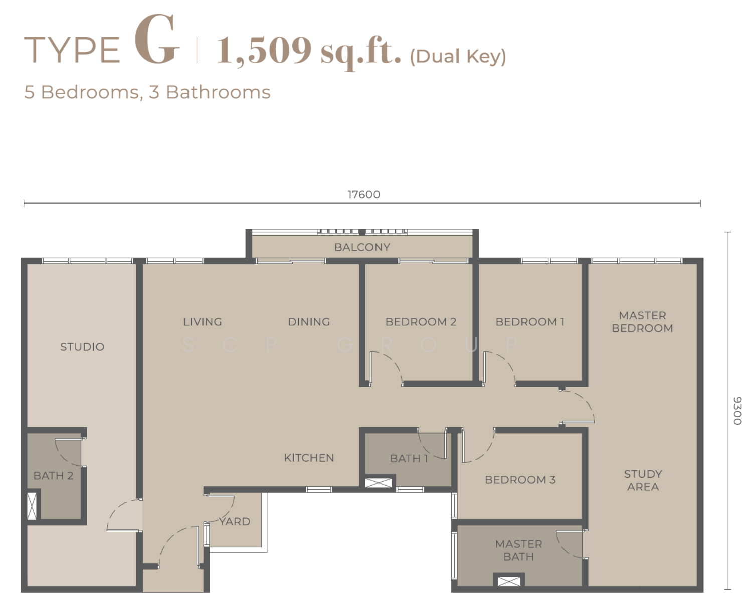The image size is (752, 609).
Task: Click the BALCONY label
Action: coord(362,247)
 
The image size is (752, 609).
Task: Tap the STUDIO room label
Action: coord(82,347)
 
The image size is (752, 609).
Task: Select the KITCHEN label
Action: coord(309,458)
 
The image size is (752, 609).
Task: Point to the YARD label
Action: coord(235,521)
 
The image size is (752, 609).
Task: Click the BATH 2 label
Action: coord(53,476)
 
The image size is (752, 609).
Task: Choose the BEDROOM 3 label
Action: coord(520,480)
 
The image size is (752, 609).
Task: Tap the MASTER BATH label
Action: coord(519,550)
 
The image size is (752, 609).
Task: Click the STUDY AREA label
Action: coord(643,480)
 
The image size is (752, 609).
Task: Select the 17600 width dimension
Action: coord(363,195)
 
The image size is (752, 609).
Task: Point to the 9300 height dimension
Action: coord(737,411)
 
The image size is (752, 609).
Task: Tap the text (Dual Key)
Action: coord(458,57)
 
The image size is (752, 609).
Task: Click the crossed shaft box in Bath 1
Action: coord(378,483)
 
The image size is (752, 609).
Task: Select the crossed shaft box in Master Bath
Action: coord(509,581)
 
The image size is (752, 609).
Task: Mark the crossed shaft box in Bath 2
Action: coord(32,506)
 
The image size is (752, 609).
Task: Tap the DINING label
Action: coord(308,322)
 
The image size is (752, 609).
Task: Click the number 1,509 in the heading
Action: coord(264,51)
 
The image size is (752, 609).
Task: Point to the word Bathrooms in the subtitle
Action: coord(218,92)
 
